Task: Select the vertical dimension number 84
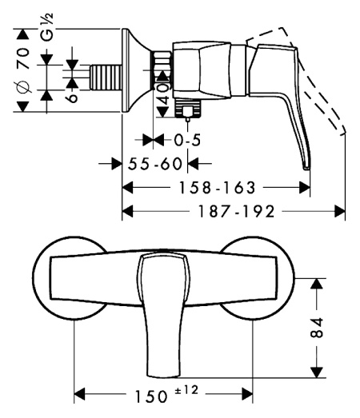click(x=318, y=326)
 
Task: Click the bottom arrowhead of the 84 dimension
click(x=318, y=372)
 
